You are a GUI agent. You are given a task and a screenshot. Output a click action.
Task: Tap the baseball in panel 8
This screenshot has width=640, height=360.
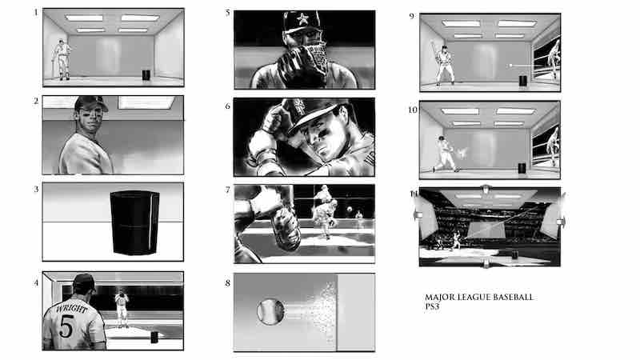click(270, 311)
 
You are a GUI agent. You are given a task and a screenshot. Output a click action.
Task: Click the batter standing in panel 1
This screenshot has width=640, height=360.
click(62, 58)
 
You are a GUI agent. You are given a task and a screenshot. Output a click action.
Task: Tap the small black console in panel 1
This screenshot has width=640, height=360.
click(145, 74)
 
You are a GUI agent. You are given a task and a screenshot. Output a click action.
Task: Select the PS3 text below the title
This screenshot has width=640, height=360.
click(433, 307)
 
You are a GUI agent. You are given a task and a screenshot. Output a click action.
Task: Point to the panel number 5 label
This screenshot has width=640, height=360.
click(228, 13)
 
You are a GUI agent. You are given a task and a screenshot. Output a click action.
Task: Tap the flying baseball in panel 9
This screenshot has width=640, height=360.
click(510, 64)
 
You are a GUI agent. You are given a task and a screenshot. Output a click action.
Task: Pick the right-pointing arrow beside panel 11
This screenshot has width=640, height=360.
click(562, 222)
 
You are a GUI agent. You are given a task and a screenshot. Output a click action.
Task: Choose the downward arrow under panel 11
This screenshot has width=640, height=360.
click(486, 263)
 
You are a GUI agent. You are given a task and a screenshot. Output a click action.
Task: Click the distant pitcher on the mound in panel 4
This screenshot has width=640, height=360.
click(122, 307)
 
